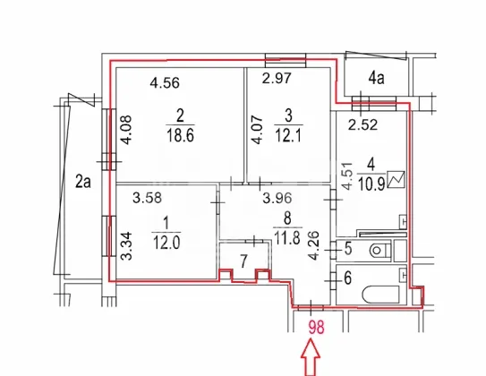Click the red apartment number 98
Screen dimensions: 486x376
(317, 328)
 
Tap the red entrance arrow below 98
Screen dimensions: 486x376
(311, 357)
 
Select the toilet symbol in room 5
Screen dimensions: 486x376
(380, 250)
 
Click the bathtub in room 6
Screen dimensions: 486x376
(381, 295)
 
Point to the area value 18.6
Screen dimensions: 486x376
(180, 135)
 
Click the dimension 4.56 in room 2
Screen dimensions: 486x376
(165, 83)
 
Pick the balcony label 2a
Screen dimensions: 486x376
(83, 182)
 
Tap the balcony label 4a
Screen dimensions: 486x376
(376, 78)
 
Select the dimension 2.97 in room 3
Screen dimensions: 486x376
(277, 78)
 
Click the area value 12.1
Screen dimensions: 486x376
(288, 135)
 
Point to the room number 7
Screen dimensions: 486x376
(243, 261)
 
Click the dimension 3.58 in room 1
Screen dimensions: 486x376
(147, 198)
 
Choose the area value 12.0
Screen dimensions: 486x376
(166, 243)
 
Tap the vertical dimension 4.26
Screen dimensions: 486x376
(314, 245)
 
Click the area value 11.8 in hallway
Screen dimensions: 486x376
(287, 238)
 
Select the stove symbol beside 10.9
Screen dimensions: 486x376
(396, 179)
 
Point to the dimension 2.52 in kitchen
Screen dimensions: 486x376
(362, 124)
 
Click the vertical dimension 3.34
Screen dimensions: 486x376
(127, 246)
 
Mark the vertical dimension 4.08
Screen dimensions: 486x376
(126, 130)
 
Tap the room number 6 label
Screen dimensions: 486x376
(348, 278)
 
